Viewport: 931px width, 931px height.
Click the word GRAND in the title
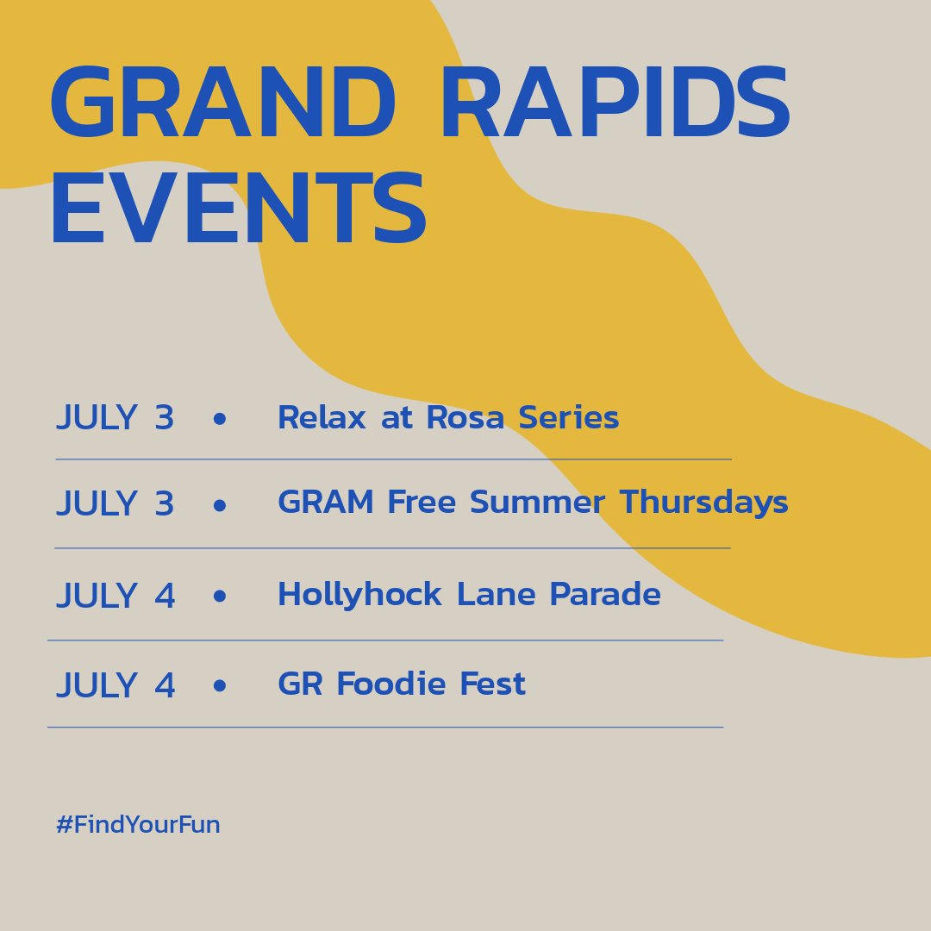click(x=223, y=102)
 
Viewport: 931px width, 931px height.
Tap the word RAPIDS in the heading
click(x=616, y=102)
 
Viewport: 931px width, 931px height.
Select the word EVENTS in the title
click(x=240, y=208)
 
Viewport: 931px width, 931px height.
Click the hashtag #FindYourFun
click(x=138, y=824)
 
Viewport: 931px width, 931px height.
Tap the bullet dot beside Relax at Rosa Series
click(x=220, y=419)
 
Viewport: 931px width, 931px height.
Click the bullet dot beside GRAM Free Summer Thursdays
click(x=220, y=505)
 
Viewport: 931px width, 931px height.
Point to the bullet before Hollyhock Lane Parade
click(x=220, y=596)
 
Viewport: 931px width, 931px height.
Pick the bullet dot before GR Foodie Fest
click(x=220, y=686)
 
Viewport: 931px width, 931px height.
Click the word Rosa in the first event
click(x=465, y=417)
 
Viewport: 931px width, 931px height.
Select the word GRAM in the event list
click(x=326, y=502)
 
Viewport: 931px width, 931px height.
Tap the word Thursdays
click(x=704, y=503)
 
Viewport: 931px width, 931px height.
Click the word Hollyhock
click(x=359, y=594)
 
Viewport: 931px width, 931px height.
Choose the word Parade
click(x=605, y=593)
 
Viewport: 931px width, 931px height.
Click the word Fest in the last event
click(x=493, y=684)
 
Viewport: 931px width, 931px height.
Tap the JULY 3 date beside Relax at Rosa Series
click(x=116, y=417)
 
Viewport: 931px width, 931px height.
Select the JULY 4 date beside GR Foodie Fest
click(x=116, y=684)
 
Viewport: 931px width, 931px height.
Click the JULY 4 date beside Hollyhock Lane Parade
click(x=116, y=595)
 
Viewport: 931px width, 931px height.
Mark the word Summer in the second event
click(x=537, y=502)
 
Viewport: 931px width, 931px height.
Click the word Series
click(x=569, y=417)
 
